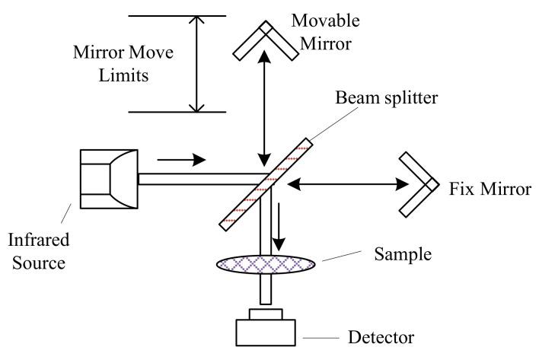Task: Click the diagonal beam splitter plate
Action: coord(265,183)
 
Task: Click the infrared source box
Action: coord(108,180)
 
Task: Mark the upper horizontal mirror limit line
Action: coord(177,15)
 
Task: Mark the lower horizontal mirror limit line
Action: coord(177,113)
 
